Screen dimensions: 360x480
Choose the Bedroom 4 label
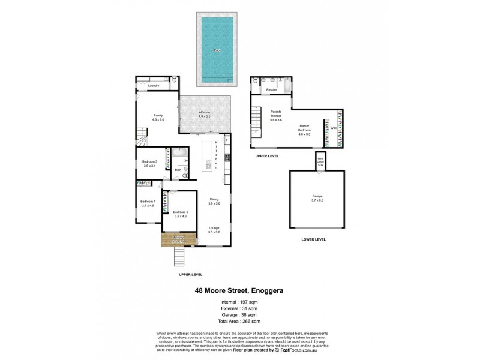(148, 202)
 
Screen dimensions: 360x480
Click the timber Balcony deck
(178, 239)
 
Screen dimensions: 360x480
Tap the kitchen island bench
(208, 155)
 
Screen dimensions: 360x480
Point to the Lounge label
(214, 228)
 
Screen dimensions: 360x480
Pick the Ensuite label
(271, 90)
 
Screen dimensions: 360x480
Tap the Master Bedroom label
(305, 129)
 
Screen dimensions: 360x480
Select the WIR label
(333, 128)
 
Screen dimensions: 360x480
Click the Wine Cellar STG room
(320, 160)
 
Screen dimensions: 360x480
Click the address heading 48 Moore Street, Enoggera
(239, 290)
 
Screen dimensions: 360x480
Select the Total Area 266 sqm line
(239, 321)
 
